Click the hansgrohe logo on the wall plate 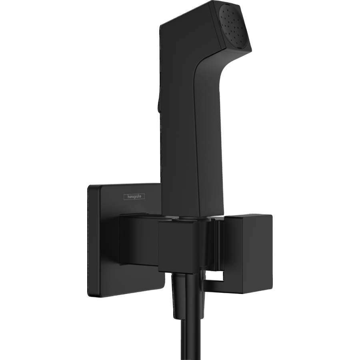126,196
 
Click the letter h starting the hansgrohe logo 118,196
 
